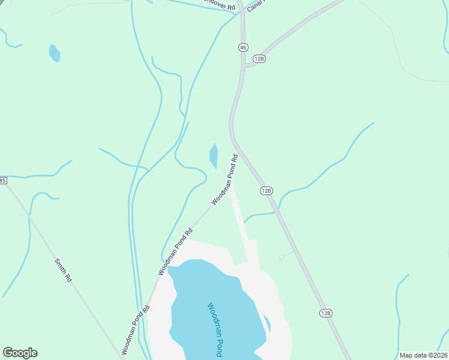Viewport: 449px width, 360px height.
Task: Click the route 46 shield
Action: pyautogui.click(x=243, y=47)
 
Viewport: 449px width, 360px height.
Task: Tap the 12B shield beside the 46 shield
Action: pyautogui.click(x=259, y=58)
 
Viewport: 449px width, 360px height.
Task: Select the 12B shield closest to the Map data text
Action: pyautogui.click(x=325, y=313)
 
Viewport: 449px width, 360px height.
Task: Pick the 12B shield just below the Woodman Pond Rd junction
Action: pyautogui.click(x=267, y=190)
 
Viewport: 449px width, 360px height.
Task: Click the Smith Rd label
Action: pyautogui.click(x=62, y=271)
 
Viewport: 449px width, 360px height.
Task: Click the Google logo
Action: pyautogui.click(x=20, y=353)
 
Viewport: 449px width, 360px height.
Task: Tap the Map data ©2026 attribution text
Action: pyautogui.click(x=423, y=355)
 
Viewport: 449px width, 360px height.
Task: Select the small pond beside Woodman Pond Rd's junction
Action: pyautogui.click(x=213, y=156)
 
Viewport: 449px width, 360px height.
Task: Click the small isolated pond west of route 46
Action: pyautogui.click(x=55, y=53)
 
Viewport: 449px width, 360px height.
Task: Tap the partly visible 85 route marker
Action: pyautogui.click(x=2, y=180)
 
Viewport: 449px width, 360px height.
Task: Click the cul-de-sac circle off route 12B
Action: pyautogui.click(x=281, y=257)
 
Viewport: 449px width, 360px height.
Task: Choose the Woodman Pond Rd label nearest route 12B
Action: pyautogui.click(x=224, y=179)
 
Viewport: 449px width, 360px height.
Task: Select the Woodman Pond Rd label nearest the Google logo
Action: pyautogui.click(x=135, y=329)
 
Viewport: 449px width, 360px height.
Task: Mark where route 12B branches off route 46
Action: pyautogui.click(x=245, y=65)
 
